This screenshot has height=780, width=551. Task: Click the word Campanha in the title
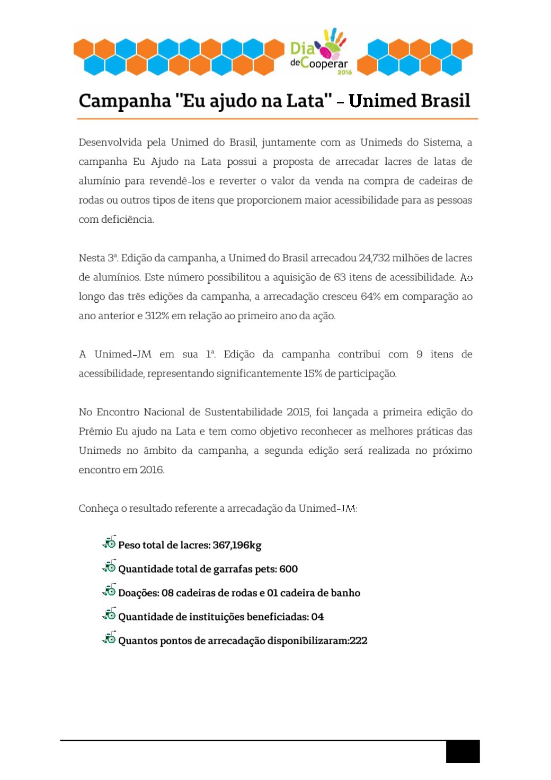(x=125, y=101)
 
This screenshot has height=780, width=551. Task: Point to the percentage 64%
(x=370, y=296)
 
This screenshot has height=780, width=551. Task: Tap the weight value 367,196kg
(x=237, y=545)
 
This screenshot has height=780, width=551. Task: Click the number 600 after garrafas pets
(x=288, y=569)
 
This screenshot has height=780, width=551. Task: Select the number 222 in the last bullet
(x=358, y=641)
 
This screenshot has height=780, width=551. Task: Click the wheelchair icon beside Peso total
(x=109, y=542)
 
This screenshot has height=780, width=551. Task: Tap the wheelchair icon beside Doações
(x=109, y=590)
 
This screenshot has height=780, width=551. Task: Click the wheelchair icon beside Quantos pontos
(x=109, y=638)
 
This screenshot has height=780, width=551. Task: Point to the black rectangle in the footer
(x=463, y=751)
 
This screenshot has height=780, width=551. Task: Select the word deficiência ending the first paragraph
(x=127, y=220)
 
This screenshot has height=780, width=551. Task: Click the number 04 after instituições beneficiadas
(x=317, y=617)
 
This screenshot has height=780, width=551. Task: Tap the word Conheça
(x=99, y=509)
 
